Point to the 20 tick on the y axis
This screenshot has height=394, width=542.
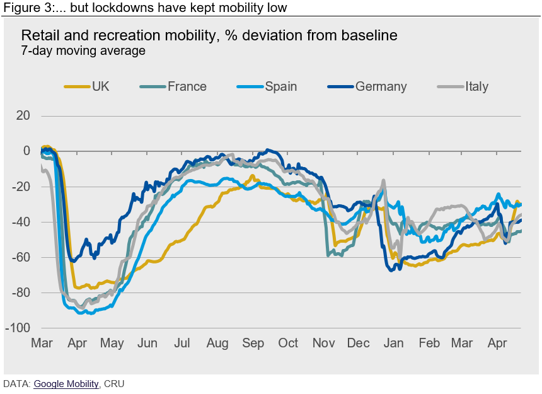coord(23,116)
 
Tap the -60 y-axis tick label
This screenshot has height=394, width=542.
coord(21,258)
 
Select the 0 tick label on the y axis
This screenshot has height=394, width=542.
coord(26,151)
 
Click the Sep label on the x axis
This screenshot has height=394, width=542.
coord(253,344)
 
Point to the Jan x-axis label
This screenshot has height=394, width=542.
coord(394,344)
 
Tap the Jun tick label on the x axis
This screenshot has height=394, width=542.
coord(147,344)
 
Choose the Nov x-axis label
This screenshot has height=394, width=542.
coord(323,344)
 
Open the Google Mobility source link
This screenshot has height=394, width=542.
coord(66,383)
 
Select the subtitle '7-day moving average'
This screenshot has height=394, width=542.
coord(83,51)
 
